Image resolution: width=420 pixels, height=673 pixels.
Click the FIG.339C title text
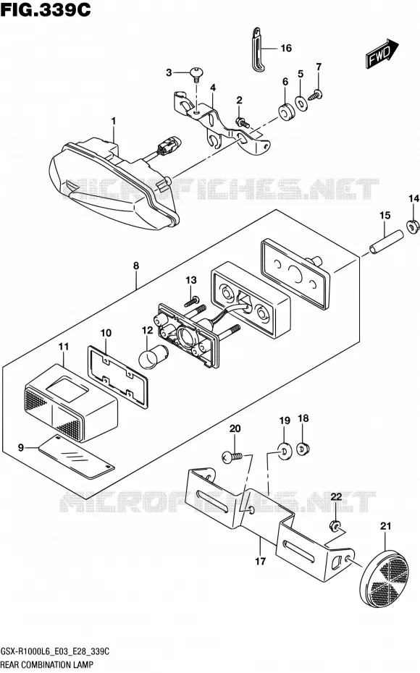point(46,9)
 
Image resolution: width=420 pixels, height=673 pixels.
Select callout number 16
point(286,48)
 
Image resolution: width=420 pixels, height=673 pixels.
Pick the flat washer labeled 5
point(301,103)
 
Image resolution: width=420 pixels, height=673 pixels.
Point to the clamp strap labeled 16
point(258,51)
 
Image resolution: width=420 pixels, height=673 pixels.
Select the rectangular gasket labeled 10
point(118,377)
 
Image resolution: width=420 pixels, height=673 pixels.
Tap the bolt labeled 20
point(232,457)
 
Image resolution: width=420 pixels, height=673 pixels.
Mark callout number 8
point(136,266)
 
